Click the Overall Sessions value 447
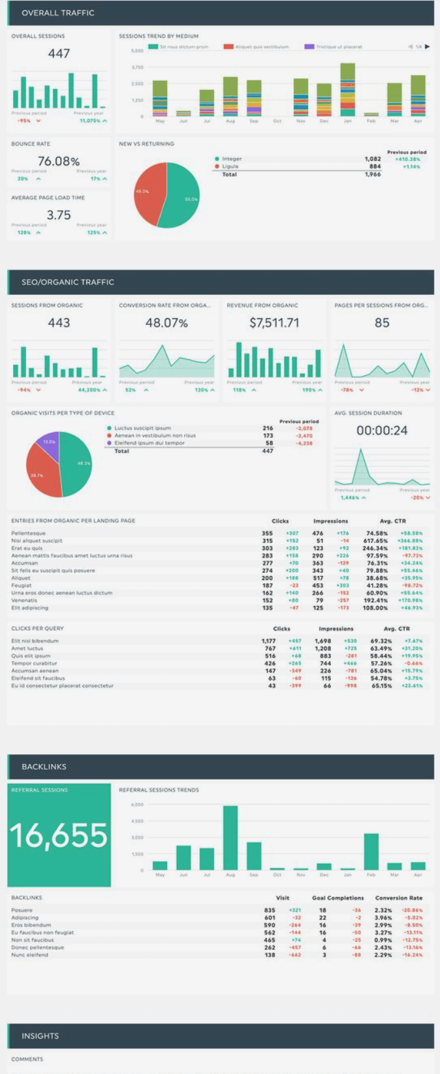pos(59,54)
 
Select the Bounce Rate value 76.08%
pos(59,161)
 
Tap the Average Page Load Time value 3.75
pos(59,215)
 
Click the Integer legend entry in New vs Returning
pos(231,159)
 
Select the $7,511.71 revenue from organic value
pos(274,322)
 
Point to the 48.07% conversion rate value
pos(166,322)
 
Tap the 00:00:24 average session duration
pos(382,430)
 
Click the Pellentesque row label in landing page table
pos(29,533)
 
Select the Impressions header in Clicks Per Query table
pos(336,628)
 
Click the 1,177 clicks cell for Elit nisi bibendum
pos(268,641)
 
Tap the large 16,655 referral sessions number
pos(59,835)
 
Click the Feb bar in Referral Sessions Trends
pos(371,852)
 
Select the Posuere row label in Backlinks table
pos(22,910)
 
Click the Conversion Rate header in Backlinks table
pos(398,898)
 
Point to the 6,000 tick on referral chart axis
pos(137,805)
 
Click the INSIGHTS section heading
pos(40,1036)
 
